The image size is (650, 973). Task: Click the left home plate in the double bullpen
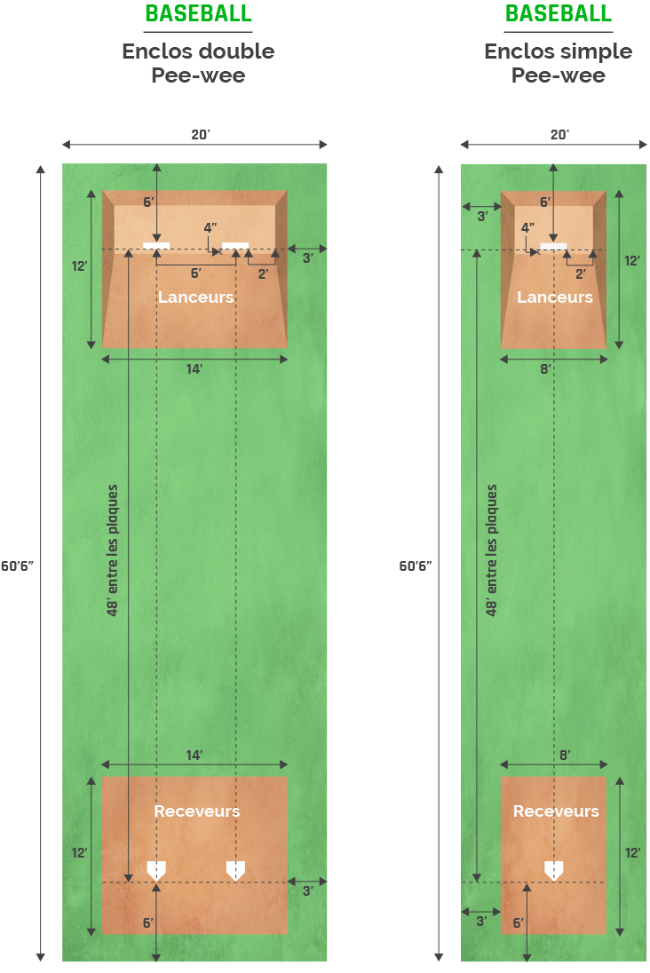(156, 870)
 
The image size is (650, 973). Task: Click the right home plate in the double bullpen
(235, 870)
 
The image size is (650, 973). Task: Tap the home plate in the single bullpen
(554, 870)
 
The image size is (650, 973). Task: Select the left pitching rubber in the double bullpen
(156, 246)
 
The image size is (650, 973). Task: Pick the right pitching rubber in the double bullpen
(235, 246)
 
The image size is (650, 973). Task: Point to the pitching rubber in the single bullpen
(554, 246)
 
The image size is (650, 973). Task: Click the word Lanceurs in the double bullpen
(195, 297)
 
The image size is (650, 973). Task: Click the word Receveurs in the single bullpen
(556, 811)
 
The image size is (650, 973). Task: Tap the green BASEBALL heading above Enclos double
(198, 13)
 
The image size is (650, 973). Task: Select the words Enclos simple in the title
(559, 51)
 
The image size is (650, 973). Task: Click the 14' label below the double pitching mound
(194, 369)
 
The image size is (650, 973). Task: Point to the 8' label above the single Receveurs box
(565, 755)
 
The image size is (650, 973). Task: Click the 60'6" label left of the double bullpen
(17, 566)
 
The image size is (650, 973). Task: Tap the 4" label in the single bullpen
(527, 228)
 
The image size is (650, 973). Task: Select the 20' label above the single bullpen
(559, 135)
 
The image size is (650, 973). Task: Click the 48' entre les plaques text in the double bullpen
(113, 550)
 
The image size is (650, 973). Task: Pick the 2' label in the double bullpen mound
(263, 273)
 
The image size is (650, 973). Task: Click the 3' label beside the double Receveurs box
(307, 891)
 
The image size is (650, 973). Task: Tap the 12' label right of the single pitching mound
(632, 261)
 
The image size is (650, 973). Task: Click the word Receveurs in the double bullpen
(197, 811)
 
